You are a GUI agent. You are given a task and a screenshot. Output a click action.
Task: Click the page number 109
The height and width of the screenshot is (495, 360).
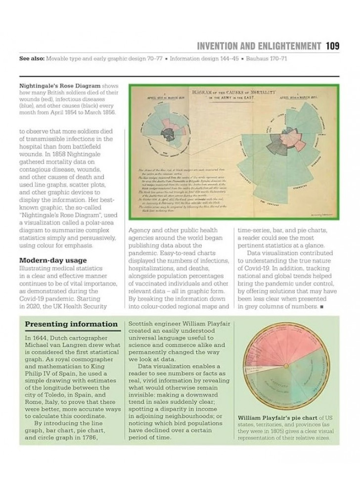(x=332, y=46)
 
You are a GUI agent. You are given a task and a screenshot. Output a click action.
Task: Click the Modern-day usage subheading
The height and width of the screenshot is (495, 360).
(x=53, y=260)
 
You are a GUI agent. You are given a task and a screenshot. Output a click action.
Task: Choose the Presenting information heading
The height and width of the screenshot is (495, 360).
(x=71, y=325)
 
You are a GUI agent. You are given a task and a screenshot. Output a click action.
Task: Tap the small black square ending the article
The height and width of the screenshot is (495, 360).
(x=321, y=307)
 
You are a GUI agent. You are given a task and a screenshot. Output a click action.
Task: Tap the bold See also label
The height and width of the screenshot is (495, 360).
(x=31, y=59)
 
